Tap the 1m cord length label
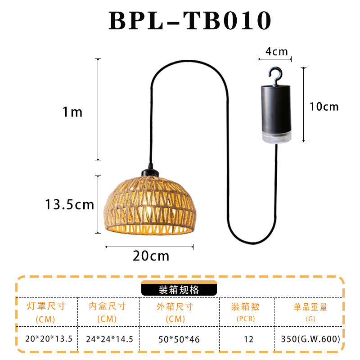(72, 112)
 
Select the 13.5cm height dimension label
(69, 205)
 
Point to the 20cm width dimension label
(151, 256)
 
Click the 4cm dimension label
(276, 51)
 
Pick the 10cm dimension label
(324, 107)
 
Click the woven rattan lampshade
(149, 205)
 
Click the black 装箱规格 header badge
(179, 289)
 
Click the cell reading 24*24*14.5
(109, 339)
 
